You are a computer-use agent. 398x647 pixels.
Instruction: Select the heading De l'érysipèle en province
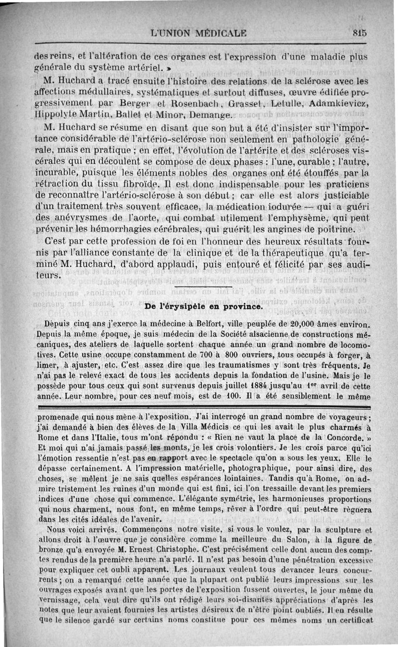point(203,307)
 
